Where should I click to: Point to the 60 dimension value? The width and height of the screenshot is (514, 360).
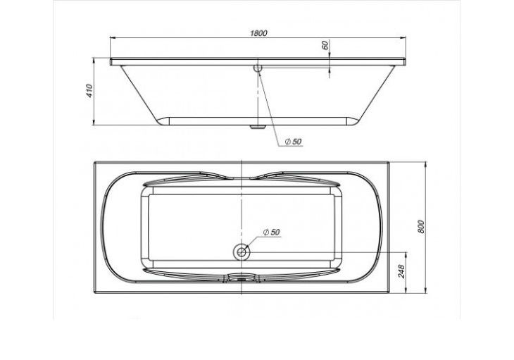325,45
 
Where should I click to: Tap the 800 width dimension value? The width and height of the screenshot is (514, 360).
421,226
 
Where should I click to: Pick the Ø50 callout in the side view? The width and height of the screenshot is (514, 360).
294,142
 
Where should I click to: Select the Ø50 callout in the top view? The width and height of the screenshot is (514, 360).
270,232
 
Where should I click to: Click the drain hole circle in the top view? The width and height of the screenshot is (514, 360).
242,252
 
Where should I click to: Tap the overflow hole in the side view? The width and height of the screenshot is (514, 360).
258,68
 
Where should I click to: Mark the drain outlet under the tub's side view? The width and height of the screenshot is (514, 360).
257,128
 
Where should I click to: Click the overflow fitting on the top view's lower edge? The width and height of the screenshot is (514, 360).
242,278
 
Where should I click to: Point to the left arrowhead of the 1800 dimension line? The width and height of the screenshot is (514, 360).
113,39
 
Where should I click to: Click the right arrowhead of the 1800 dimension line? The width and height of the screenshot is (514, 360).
406,39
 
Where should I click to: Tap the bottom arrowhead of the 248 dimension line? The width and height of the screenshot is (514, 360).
408,290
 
